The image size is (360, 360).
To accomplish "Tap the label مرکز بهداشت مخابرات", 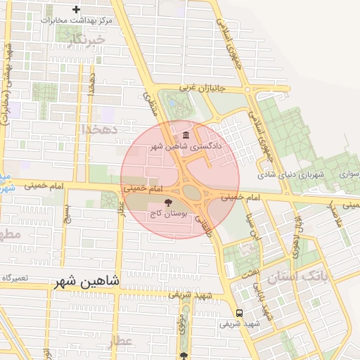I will [76, 20].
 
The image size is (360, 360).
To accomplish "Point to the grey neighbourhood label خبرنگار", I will [88, 41].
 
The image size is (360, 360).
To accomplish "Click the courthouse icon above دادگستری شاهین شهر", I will [185, 135].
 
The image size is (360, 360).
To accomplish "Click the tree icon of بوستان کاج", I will [167, 202].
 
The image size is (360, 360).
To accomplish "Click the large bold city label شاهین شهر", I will [87, 281].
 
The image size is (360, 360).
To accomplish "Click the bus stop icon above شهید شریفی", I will [240, 313].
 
